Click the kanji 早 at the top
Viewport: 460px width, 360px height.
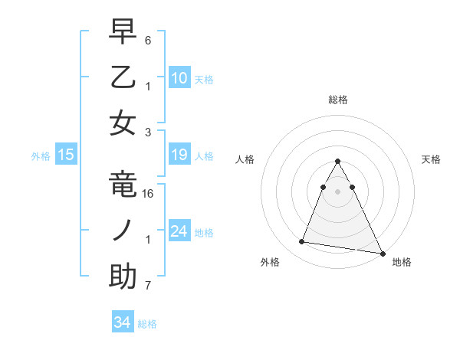tap(123, 31)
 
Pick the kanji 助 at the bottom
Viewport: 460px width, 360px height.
tap(123, 277)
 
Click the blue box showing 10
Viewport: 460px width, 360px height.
tap(179, 77)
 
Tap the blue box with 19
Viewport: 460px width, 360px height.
tap(179, 155)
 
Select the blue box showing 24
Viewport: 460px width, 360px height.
tap(179, 231)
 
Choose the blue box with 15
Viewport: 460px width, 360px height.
tap(66, 155)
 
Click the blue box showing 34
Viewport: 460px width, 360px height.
tap(122, 322)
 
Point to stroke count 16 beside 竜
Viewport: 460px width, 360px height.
tap(149, 194)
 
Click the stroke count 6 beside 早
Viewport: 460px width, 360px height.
tap(148, 39)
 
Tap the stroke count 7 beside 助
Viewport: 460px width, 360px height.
tap(148, 286)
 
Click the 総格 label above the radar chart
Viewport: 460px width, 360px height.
tap(338, 100)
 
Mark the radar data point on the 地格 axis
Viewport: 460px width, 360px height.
tap(382, 254)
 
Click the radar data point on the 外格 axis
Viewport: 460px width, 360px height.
tap(301, 242)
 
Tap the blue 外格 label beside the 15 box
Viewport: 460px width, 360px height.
tap(41, 156)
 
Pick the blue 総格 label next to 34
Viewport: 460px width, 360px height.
tap(147, 324)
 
